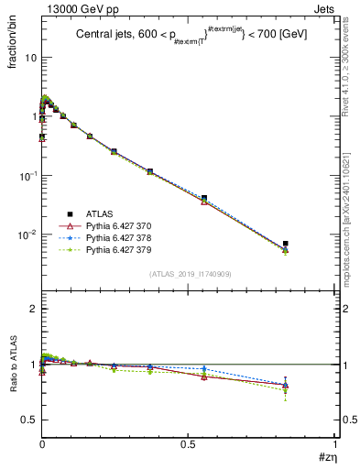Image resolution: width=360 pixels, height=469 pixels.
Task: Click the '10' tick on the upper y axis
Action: pos(30,57)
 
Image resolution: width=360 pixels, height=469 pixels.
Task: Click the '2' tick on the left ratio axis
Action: pos(33,309)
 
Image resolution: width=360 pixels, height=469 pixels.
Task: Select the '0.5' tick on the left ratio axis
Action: pos(28,420)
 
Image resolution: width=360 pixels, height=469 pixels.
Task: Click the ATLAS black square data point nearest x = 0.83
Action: pos(286,244)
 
